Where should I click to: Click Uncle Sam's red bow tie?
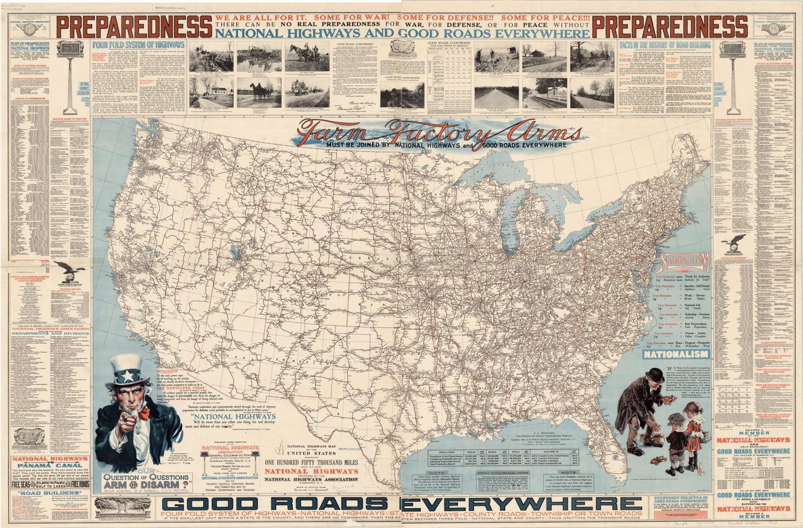click(x=145, y=412)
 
